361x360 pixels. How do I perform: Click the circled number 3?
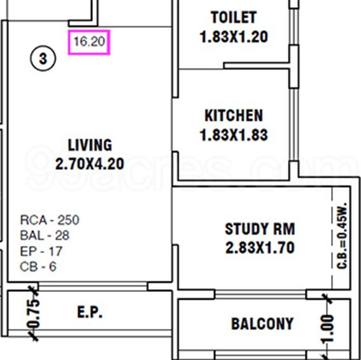pos(43,59)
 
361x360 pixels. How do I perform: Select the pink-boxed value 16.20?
pos(89,43)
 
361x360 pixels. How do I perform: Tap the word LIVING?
pos(90,145)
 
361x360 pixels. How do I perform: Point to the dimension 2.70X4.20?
pos(90,164)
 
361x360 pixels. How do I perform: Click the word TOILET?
pos(234,17)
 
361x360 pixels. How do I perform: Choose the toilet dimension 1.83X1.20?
pos(234,37)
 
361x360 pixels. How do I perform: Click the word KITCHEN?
pos(234,116)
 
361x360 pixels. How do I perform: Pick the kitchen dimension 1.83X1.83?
pos(234,135)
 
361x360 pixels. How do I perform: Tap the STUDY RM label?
pos(260,229)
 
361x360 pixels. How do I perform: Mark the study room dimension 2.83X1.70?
pos(260,248)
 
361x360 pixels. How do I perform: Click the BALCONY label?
pos(262,324)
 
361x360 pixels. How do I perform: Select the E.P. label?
pos(90,312)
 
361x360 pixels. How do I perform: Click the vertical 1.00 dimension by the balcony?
pos(328,329)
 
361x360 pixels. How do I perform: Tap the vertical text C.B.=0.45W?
pos(342,236)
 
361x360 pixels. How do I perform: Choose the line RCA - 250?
pos(50,220)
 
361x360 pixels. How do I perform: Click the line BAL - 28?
pos(45,235)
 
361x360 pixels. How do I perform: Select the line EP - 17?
pos(41,251)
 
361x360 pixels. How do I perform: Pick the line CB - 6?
pos(38,267)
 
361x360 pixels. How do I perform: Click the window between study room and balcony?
pos(260,294)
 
